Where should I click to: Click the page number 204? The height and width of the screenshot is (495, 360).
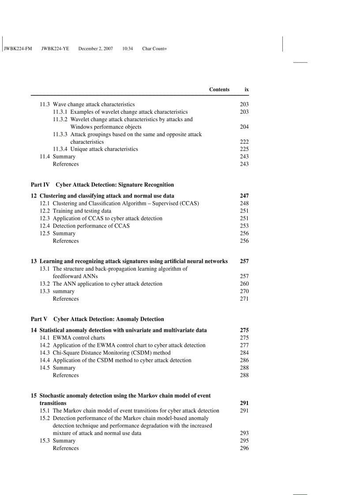click(244, 127)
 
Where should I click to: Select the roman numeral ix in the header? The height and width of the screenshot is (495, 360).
click(247, 89)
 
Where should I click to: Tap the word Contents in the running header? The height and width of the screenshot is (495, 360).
click(219, 89)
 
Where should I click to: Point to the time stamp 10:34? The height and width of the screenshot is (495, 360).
click(127, 48)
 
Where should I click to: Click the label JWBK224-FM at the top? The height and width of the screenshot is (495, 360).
click(18, 48)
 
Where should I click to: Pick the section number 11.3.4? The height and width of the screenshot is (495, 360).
click(60, 149)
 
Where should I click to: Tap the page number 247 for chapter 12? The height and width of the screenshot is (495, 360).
click(244, 196)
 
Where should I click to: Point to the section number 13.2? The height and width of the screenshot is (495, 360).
click(45, 284)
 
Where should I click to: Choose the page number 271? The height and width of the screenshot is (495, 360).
click(244, 299)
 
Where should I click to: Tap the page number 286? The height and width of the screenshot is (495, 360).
click(244, 360)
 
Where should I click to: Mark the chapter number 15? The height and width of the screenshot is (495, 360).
click(34, 395)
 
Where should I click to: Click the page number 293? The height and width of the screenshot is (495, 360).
click(244, 433)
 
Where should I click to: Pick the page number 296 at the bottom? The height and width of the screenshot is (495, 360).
click(244, 448)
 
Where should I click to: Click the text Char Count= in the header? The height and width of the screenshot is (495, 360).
click(154, 48)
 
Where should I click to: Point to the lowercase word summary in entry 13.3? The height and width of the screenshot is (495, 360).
click(64, 291)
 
